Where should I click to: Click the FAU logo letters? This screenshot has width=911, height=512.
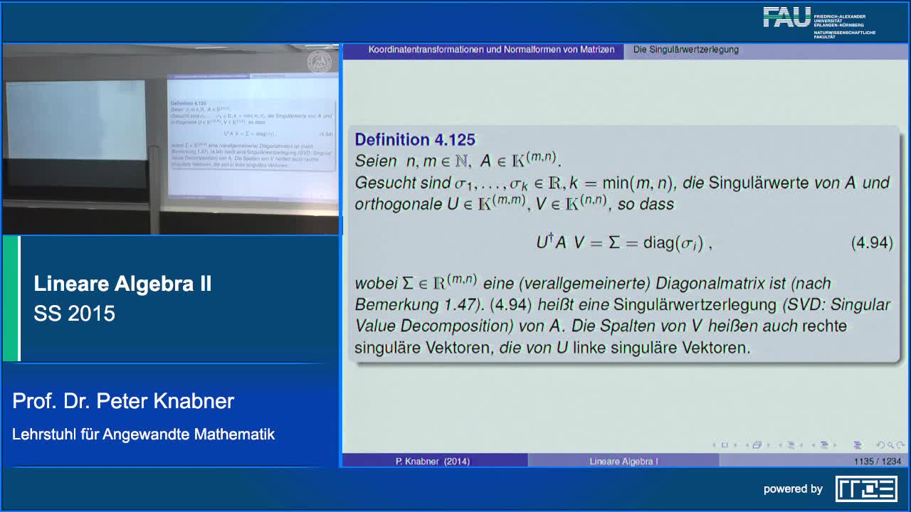pyautogui.click(x=787, y=18)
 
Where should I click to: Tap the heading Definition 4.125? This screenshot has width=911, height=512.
pyautogui.click(x=415, y=139)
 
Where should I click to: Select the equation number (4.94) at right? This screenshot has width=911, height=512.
pyautogui.click(x=871, y=242)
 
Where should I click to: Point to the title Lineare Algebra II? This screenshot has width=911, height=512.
pyautogui.click(x=122, y=284)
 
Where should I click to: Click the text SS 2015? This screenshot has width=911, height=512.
pyautogui.click(x=74, y=314)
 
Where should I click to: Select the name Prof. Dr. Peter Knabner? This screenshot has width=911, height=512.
pyautogui.click(x=123, y=401)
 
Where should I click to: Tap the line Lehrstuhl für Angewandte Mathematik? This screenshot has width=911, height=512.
pyautogui.click(x=143, y=434)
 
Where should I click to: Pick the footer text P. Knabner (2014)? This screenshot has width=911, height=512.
pyautogui.click(x=433, y=462)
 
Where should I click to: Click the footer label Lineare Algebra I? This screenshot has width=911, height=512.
pyautogui.click(x=623, y=462)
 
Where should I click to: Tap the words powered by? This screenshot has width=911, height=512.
pyautogui.click(x=793, y=489)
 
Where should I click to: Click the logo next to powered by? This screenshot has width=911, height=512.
pyautogui.click(x=866, y=489)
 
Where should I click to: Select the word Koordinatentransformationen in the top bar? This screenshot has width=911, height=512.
pyautogui.click(x=426, y=50)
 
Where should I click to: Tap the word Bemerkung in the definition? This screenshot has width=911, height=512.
pyautogui.click(x=396, y=305)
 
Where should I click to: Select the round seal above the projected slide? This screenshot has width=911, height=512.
pyautogui.click(x=319, y=62)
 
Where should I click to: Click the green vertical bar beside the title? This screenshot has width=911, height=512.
pyautogui.click(x=11, y=299)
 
